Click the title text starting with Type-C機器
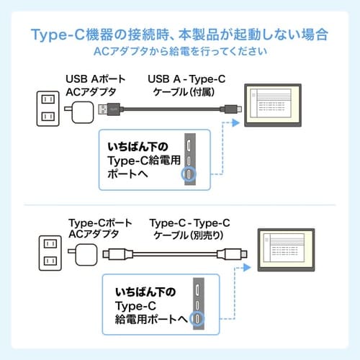pos(180,34)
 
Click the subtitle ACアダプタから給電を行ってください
pos(180,53)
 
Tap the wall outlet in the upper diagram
pos(48,107)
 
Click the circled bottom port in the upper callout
pos(188,174)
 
